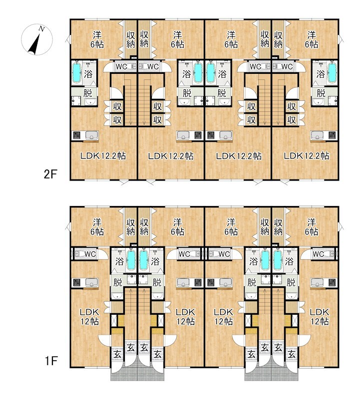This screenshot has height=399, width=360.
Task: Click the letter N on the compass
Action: click(41, 29)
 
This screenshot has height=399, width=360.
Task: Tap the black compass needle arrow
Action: click(34, 44)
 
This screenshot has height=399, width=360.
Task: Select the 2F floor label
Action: click(50, 175)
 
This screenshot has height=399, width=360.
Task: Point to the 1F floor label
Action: click(51, 361)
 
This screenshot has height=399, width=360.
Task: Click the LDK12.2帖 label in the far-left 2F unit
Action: click(103, 156)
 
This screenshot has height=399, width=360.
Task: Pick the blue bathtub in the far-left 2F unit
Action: click(77, 72)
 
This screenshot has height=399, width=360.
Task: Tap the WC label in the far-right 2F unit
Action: click(287, 67)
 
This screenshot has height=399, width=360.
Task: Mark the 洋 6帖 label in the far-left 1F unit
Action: click(97, 227)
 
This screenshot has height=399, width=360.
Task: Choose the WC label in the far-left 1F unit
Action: click(90, 254)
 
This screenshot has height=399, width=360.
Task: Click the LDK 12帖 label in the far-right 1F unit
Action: click(320, 317)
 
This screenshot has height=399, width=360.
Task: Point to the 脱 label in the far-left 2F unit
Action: click(88, 93)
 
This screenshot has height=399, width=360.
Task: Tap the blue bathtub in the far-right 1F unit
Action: click(278, 260)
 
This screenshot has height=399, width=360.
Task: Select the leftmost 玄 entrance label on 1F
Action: click(117, 354)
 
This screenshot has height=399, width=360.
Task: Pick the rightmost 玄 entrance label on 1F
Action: click(292, 354)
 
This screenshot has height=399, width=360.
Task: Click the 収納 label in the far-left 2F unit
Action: click(130, 39)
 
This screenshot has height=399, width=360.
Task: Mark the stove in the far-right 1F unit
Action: click(332, 282)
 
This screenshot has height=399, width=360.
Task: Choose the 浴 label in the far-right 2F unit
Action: click(320, 74)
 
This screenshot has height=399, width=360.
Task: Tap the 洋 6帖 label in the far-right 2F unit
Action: click(312, 39)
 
